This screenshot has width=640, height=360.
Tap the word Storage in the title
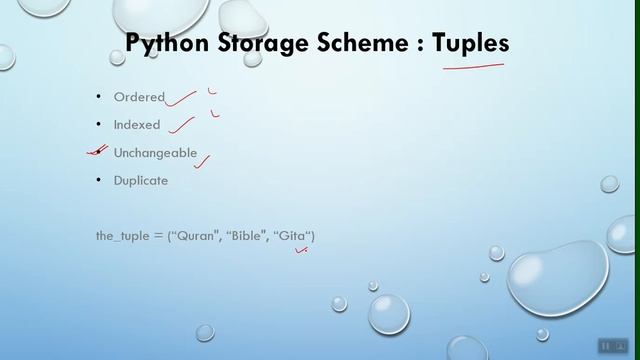260,43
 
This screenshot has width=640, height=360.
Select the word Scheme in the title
362,43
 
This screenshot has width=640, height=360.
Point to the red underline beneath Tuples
472,68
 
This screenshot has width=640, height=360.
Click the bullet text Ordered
139,98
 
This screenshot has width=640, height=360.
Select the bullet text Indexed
138,125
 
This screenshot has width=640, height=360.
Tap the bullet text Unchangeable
155,153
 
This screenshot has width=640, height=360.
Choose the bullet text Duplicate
141,181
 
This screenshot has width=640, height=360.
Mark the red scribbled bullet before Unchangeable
97,152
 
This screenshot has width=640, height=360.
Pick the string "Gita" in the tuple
294,236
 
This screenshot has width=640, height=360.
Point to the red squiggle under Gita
300,252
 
